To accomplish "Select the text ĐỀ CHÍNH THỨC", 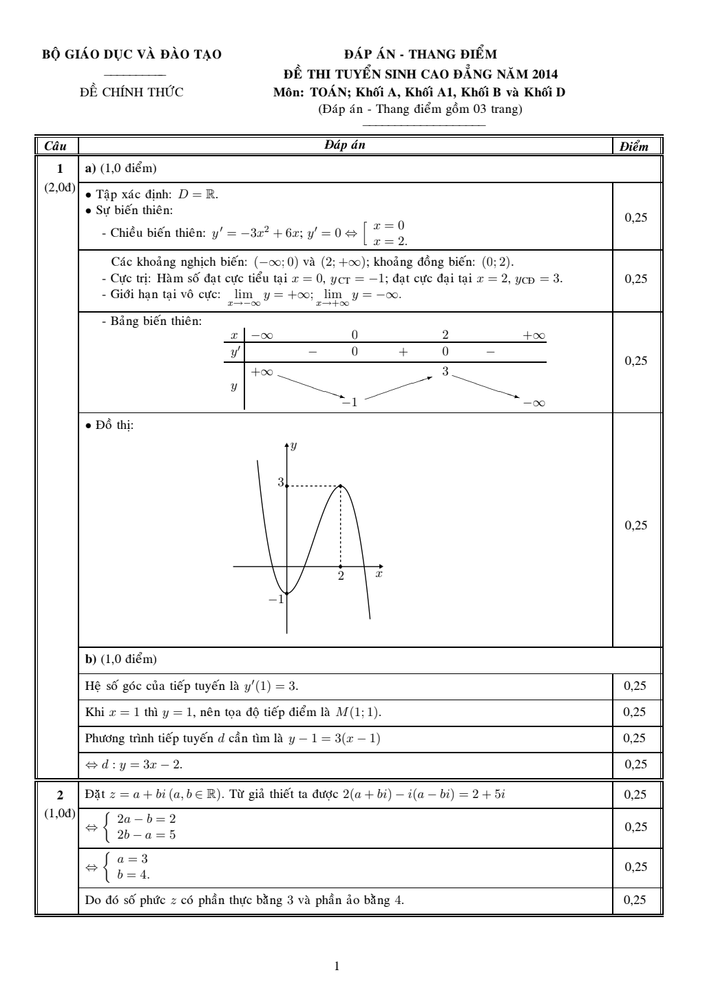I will pyautogui.click(x=132, y=92).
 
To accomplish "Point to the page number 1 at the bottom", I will pyautogui.click(x=337, y=966).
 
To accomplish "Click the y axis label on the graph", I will pyautogui.click(x=293, y=446).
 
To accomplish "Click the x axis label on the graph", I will pyautogui.click(x=379, y=573).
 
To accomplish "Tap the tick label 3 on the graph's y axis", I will pyautogui.click(x=280, y=483).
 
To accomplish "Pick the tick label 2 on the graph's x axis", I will pyautogui.click(x=340, y=576).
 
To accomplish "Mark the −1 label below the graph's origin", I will pyautogui.click(x=276, y=600).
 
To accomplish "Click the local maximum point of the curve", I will pyautogui.click(x=341, y=486).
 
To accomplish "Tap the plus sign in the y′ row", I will pyautogui.click(x=403, y=352).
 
